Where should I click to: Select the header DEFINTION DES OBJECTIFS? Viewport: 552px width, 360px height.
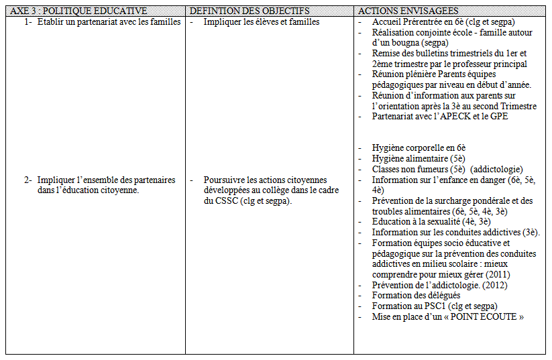250,11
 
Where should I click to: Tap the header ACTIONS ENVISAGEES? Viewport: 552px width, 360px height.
408,11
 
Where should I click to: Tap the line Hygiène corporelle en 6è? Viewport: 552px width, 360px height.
419,147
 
